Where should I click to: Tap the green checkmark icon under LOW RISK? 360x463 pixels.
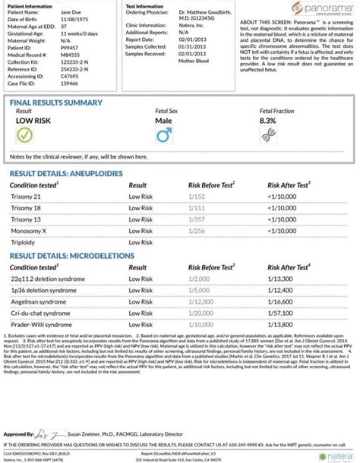[24, 135]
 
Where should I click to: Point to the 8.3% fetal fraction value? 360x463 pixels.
[268, 121]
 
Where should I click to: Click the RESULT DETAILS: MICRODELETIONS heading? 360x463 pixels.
[72, 256]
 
